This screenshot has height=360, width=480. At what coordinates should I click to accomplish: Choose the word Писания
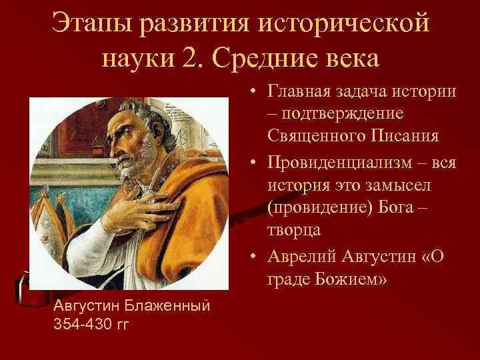pos(410,137)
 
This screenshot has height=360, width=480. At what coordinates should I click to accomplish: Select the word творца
pos(294,230)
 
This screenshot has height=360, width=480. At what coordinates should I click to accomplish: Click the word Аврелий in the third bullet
pos(301,254)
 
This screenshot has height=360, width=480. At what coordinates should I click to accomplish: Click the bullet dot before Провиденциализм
pos(256,161)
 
